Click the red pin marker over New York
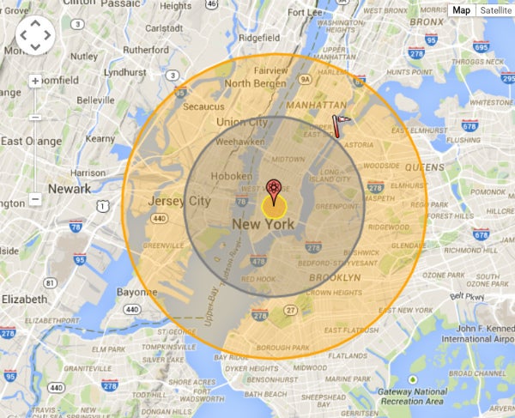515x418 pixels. tap(273, 188)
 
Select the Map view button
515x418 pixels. tap(462, 10)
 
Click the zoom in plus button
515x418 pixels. tap(35, 82)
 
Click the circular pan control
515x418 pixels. tap(35, 34)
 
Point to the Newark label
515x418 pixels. tap(70, 189)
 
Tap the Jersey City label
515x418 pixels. tap(179, 201)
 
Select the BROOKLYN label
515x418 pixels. tap(335, 278)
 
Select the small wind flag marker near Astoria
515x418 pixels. tap(340, 125)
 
